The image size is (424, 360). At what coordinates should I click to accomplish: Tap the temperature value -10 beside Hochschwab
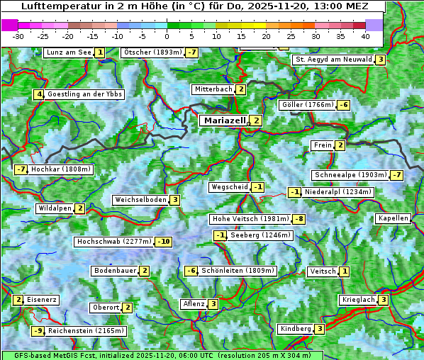pyautogui.click(x=164, y=242)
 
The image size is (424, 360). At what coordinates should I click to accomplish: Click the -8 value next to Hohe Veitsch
pyautogui.click(x=300, y=219)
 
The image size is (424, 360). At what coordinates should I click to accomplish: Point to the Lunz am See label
pyautogui.click(x=68, y=52)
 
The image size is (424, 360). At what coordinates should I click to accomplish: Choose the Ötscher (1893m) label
pyautogui.click(x=152, y=52)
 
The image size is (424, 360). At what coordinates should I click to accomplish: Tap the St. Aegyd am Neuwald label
pyautogui.click(x=333, y=60)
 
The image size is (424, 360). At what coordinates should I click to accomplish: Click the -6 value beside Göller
pyautogui.click(x=343, y=105)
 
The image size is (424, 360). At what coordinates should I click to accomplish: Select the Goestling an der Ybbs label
pyautogui.click(x=84, y=94)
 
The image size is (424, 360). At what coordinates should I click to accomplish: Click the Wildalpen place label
pyautogui.click(x=55, y=208)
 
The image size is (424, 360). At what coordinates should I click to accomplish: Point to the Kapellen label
pyautogui.click(x=393, y=218)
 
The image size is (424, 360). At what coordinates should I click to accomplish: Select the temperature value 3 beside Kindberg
pyautogui.click(x=320, y=329)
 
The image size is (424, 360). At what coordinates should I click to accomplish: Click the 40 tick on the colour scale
pyautogui.click(x=365, y=35)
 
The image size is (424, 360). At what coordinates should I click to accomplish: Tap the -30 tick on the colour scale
pyautogui.click(x=18, y=35)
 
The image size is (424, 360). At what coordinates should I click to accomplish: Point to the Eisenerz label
pyautogui.click(x=41, y=300)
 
